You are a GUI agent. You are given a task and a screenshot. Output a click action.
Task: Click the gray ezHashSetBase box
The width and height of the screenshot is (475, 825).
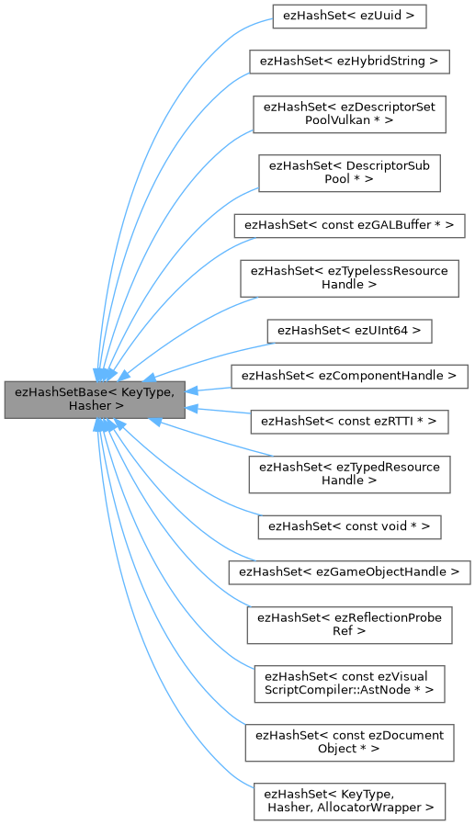coord(95,398)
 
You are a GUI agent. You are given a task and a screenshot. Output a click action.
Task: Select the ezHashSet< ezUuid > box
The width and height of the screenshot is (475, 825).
coord(349,16)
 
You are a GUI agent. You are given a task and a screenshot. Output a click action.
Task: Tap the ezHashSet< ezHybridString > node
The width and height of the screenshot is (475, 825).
coord(349,62)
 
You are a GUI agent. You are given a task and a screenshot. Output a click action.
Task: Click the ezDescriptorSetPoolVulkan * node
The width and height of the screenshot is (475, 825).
coord(349,115)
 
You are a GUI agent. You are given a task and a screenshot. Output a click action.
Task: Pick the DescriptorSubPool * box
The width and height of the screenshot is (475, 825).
coord(349,173)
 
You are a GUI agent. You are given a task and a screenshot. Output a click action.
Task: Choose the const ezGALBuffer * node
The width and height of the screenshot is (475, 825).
coord(349,225)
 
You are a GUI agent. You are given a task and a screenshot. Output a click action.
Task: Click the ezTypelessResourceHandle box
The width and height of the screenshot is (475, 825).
coord(349,278)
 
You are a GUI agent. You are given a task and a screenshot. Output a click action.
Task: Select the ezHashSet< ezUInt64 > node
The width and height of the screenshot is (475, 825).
coord(349,330)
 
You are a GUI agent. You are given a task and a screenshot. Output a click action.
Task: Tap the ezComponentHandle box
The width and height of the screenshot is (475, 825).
coord(349,376)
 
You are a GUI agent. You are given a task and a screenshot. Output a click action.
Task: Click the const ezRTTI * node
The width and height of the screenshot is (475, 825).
coord(349,422)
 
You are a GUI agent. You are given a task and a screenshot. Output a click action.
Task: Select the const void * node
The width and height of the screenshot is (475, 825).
coord(349,526)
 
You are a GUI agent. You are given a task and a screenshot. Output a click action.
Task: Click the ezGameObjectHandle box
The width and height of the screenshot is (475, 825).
coord(349,572)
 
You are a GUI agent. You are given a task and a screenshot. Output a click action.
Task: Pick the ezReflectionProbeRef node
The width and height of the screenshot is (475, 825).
coord(349,625)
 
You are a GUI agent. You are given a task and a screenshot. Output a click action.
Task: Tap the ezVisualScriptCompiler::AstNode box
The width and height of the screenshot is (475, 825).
coord(349,683)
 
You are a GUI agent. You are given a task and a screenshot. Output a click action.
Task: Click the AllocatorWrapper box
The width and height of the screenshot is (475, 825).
coord(349,801)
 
